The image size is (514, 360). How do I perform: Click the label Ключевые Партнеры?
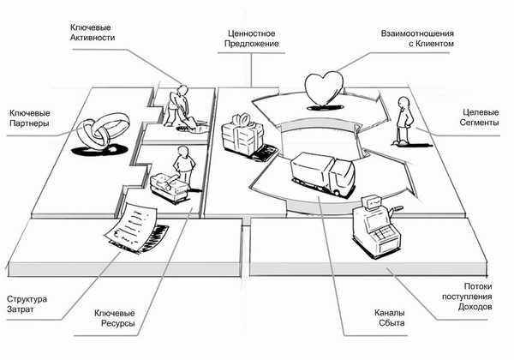[x=28, y=117]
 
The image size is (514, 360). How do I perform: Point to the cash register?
[x=374, y=225]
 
